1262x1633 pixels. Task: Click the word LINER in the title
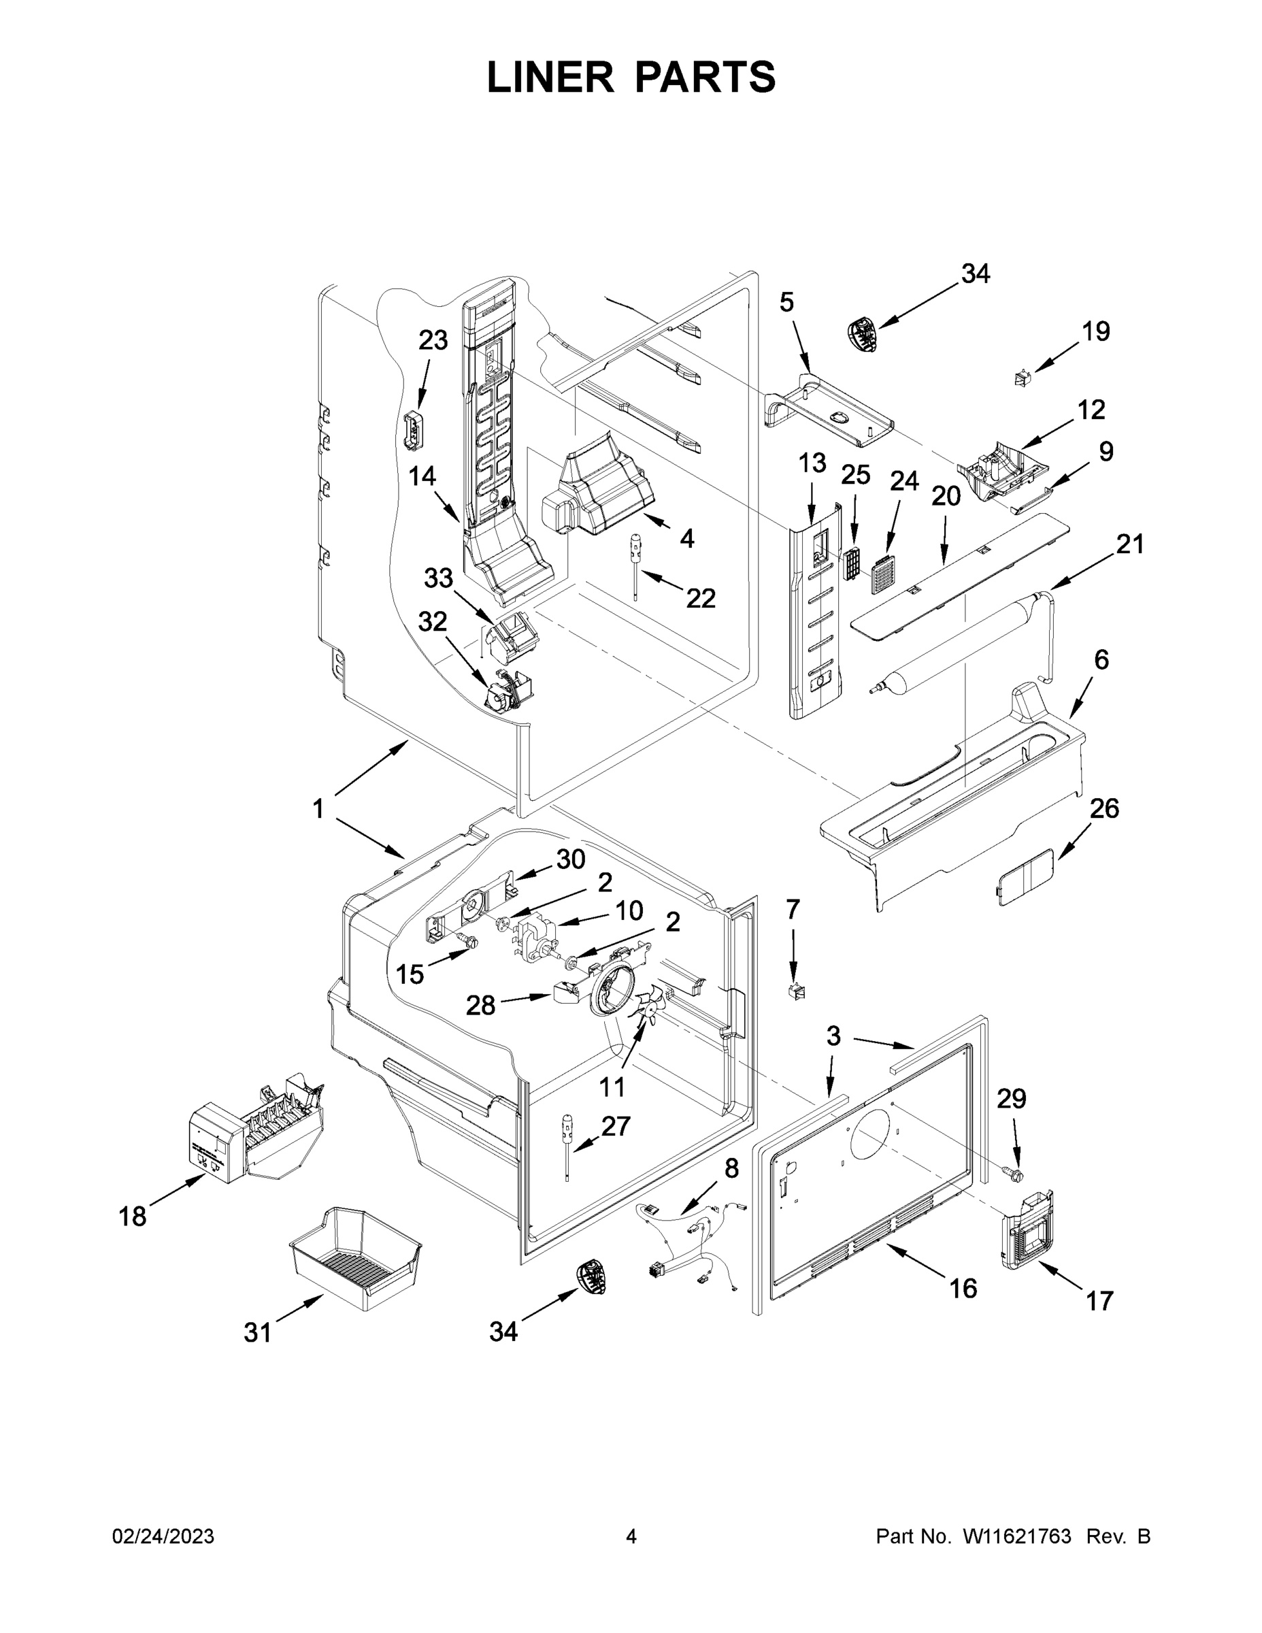pyautogui.click(x=550, y=77)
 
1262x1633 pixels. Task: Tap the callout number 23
pyautogui.click(x=433, y=340)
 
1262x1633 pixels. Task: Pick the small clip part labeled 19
pyautogui.click(x=1020, y=379)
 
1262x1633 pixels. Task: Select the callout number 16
pyautogui.click(x=963, y=1287)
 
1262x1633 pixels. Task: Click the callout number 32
pyautogui.click(x=432, y=622)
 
